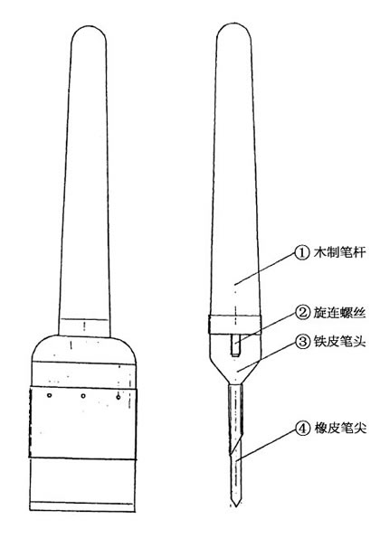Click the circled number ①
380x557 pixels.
(302, 253)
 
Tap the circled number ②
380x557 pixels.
(302, 312)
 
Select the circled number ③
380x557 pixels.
(302, 342)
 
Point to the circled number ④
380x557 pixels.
(302, 429)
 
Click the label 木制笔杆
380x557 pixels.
(339, 252)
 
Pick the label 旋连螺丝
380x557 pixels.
(339, 312)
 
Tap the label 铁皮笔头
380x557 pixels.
(339, 342)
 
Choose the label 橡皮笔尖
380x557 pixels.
(340, 429)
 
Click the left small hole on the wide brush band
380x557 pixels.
(50, 395)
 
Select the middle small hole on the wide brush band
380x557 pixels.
(83, 396)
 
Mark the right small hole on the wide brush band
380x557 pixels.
(118, 397)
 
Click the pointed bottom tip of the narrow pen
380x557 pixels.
(235, 506)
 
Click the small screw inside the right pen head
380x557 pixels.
(235, 345)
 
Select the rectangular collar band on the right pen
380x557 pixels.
(234, 325)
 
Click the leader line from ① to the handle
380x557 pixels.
(265, 269)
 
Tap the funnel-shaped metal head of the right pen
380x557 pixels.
(235, 360)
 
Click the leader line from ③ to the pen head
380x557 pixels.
(268, 357)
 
